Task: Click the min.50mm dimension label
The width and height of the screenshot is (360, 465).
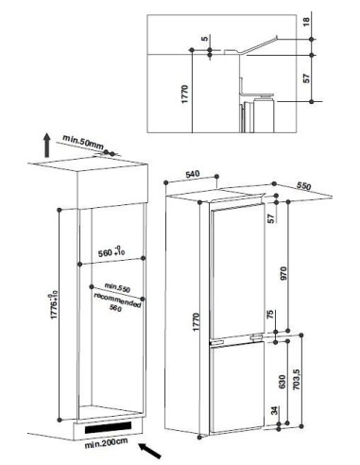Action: (82, 141)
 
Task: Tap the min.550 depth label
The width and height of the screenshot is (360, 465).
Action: (116, 285)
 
